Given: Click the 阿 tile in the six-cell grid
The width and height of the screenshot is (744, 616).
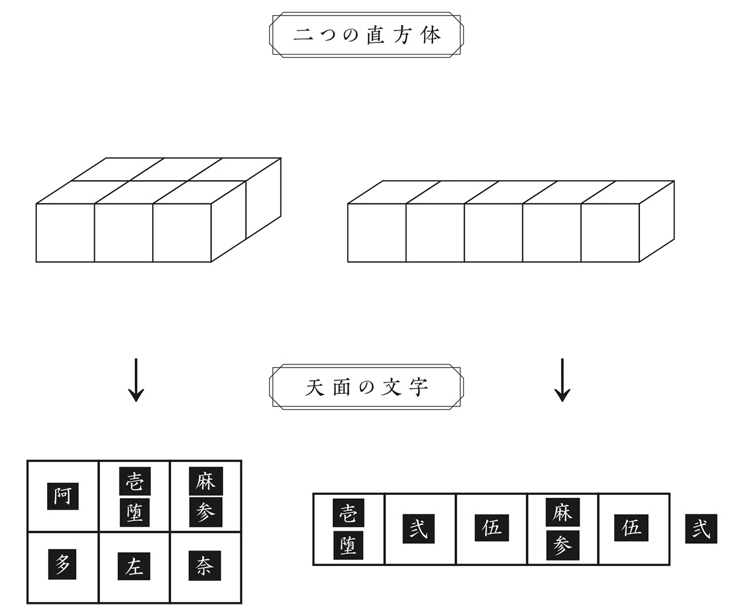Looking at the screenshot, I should pyautogui.click(x=62, y=495).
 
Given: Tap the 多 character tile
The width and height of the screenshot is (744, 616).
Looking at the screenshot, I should pyautogui.click(x=62, y=565).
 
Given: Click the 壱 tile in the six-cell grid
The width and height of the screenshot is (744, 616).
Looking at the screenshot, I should pyautogui.click(x=134, y=481).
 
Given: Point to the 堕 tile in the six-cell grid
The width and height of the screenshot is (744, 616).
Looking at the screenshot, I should pyautogui.click(x=134, y=512).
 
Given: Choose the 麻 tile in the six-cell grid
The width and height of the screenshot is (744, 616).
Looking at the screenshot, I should pyautogui.click(x=205, y=481).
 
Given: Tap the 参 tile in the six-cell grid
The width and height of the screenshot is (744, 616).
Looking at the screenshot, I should pyautogui.click(x=205, y=512).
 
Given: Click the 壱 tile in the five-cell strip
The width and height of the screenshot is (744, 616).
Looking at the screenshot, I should pyautogui.click(x=348, y=513).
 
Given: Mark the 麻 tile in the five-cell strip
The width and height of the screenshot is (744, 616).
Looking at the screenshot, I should pyautogui.click(x=562, y=513).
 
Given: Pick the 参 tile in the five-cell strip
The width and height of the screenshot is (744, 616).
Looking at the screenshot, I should pyautogui.click(x=562, y=544).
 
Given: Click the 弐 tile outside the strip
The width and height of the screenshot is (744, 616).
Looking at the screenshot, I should pyautogui.click(x=701, y=528).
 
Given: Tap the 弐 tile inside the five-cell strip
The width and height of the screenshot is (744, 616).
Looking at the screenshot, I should pyautogui.click(x=418, y=528).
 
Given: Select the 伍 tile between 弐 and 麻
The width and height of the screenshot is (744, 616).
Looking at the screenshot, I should pyautogui.click(x=491, y=528).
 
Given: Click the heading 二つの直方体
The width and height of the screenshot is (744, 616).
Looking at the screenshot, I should pyautogui.click(x=366, y=36).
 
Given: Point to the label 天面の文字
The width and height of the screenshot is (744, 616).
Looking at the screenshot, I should pyautogui.click(x=366, y=389).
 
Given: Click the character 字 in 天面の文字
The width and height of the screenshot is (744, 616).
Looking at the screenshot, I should pyautogui.click(x=420, y=389).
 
